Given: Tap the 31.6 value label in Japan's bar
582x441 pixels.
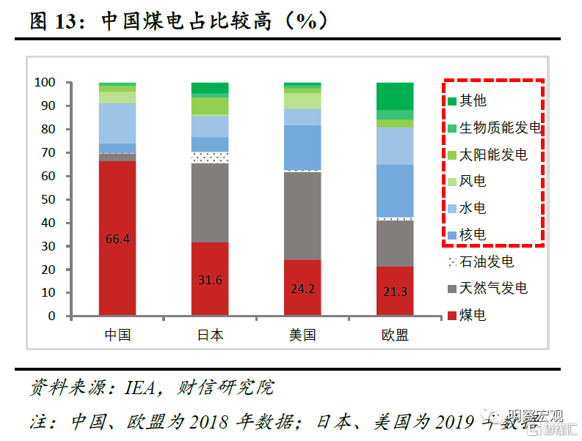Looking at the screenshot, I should pyautogui.click(x=210, y=281).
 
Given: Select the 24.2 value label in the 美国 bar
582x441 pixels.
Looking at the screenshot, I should pyautogui.click(x=302, y=289).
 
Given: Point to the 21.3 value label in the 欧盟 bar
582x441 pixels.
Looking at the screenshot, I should pyautogui.click(x=395, y=292).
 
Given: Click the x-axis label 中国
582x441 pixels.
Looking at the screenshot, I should pyautogui.click(x=117, y=336).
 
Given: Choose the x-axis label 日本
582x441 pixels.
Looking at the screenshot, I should pyautogui.click(x=210, y=336).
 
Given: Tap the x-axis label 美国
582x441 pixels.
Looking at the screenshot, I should pyautogui.click(x=302, y=336).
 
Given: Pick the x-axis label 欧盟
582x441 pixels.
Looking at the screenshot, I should pyautogui.click(x=395, y=336).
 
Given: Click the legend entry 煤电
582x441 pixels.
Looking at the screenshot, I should pyautogui.click(x=473, y=316).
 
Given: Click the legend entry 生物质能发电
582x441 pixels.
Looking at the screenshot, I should pyautogui.click(x=500, y=128).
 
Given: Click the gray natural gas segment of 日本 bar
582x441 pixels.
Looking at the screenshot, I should pyautogui.click(x=210, y=203).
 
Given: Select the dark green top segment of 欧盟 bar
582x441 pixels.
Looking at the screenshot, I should pyautogui.click(x=395, y=96).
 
